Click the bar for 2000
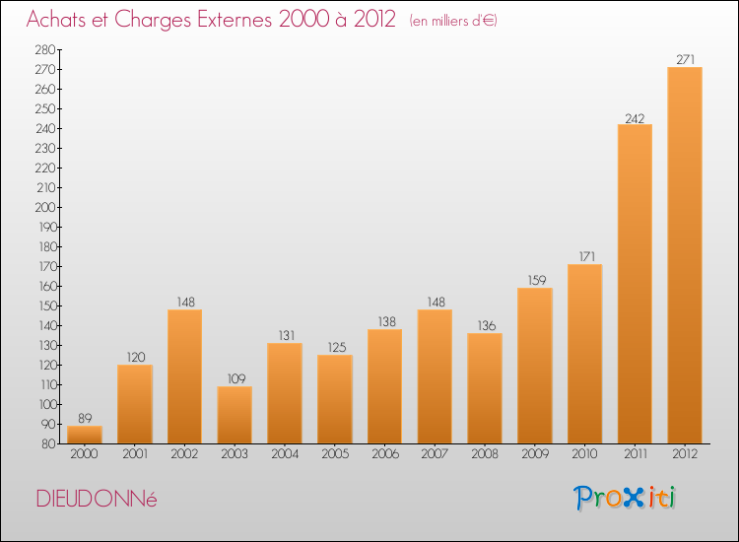[x=85, y=435]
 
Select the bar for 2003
[x=235, y=415]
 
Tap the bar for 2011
[x=635, y=284]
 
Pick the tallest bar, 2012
[x=685, y=255]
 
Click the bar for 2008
[x=485, y=388]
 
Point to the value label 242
[x=635, y=118]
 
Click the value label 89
[x=85, y=418]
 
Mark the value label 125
[x=337, y=347]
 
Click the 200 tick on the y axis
[x=45, y=207]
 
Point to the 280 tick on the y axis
[x=45, y=49]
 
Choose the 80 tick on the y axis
[x=48, y=443]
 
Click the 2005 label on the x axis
[x=335, y=454]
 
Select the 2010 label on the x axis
[x=585, y=454]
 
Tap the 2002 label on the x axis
[x=185, y=454]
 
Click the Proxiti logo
[x=625, y=498]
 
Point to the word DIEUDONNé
[x=97, y=499]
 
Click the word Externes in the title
[x=235, y=20]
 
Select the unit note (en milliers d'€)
[x=453, y=21]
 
